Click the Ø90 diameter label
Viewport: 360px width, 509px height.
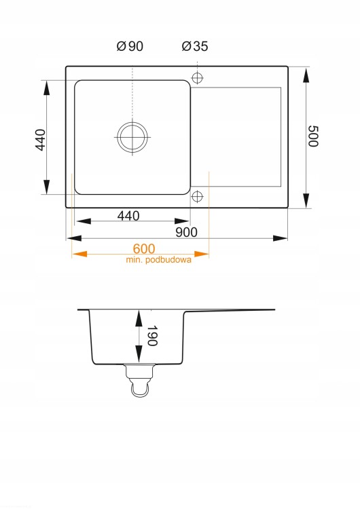click(130, 46)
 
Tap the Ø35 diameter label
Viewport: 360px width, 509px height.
click(195, 46)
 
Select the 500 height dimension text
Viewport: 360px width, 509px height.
click(313, 136)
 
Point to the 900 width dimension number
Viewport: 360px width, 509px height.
click(187, 232)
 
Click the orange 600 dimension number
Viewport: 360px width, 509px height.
click(144, 248)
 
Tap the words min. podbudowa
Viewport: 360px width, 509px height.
click(158, 260)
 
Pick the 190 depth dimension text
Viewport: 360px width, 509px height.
click(152, 336)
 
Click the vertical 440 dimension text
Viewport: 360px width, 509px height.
click(40, 140)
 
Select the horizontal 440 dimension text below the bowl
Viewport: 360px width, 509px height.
click(128, 216)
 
